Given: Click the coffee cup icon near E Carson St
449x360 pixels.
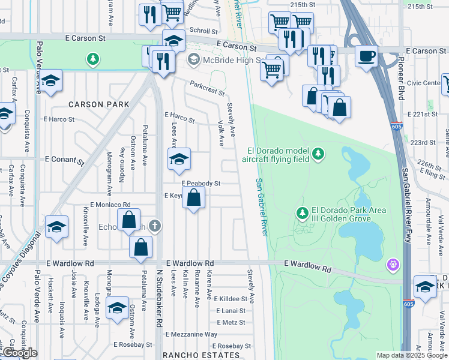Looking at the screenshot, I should tap(367, 57).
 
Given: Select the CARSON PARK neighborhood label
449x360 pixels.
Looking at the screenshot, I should tap(99, 104).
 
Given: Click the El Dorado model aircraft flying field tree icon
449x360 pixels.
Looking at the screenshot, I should tap(318, 154).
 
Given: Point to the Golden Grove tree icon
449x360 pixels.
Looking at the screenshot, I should tap(303, 212).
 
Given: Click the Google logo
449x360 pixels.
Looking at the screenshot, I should tap(19, 353).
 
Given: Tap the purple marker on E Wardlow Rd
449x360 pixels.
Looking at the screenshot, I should tap(393, 263).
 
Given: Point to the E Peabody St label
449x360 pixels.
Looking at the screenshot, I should tap(201, 184).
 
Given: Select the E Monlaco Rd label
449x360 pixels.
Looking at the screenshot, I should tap(110, 205).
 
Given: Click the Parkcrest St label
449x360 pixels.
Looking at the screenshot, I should tap(207, 89).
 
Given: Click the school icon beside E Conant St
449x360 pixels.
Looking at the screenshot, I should tap(179, 160).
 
